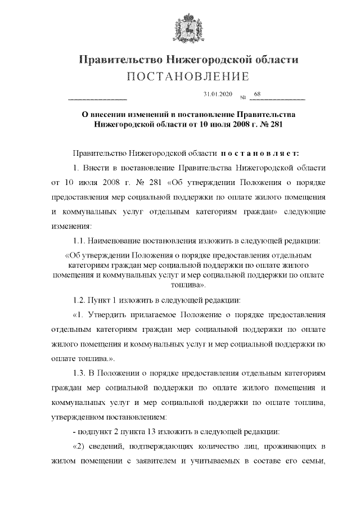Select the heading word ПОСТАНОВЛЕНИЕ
tap(179, 76)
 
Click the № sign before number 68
tap(243, 96)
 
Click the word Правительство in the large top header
tap(115, 60)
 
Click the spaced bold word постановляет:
tap(263, 153)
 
